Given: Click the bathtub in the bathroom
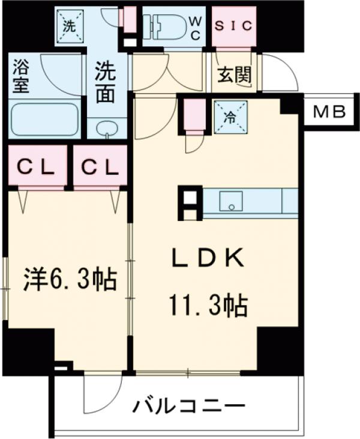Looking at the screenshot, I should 45,119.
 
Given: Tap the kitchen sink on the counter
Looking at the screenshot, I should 231,201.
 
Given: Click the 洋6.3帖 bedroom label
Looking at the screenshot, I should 70,280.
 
